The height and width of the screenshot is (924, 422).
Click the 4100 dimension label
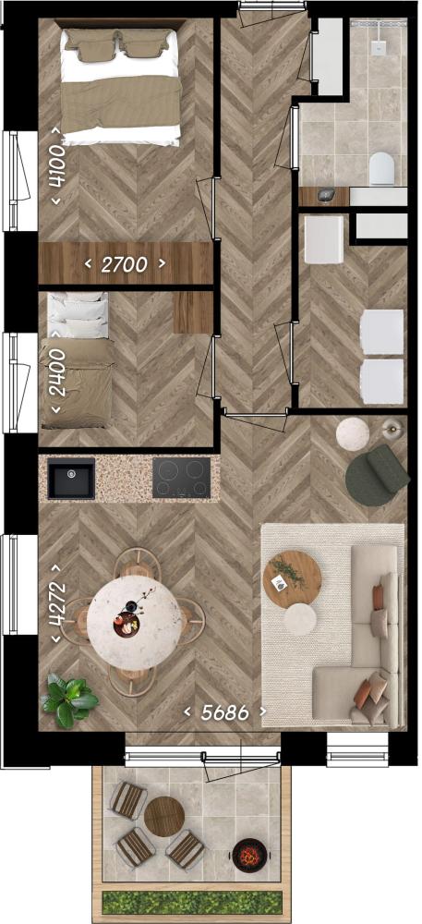coord(57,166)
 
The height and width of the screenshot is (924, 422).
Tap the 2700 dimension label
coord(124,264)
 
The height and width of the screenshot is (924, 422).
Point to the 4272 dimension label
coord(57,602)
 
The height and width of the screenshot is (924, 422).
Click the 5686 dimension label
coord(224,712)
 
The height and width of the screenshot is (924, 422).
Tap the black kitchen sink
coord(70,478)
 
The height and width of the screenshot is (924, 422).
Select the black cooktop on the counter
coord(181,478)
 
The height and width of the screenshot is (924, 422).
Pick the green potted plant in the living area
coord(69,699)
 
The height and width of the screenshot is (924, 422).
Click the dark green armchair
coord(376,474)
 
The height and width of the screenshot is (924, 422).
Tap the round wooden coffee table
coord(293,579)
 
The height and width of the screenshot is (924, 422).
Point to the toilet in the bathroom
coord(381,168)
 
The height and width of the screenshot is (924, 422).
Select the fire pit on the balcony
coord(247,855)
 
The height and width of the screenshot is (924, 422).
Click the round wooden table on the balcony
coord(164,817)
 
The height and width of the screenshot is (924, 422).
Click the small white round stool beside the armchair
coord(353,434)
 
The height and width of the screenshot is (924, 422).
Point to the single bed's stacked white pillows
coord(78,316)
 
